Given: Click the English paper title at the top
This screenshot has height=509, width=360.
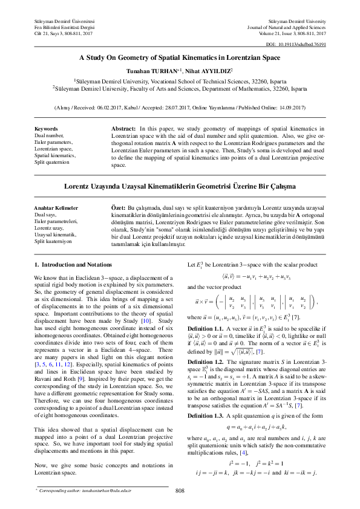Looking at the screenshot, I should [180, 58].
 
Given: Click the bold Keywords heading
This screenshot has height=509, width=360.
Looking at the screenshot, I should [46, 129].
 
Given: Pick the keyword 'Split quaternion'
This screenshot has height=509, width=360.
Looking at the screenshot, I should [52, 162].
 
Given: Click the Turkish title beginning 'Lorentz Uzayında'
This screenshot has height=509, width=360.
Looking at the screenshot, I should [180, 186].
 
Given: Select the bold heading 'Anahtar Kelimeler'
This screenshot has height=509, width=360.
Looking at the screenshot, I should [56, 207].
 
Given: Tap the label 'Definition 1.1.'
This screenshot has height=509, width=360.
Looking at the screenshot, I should [206, 327].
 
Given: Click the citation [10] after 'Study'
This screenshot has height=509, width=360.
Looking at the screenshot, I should [146, 319].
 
